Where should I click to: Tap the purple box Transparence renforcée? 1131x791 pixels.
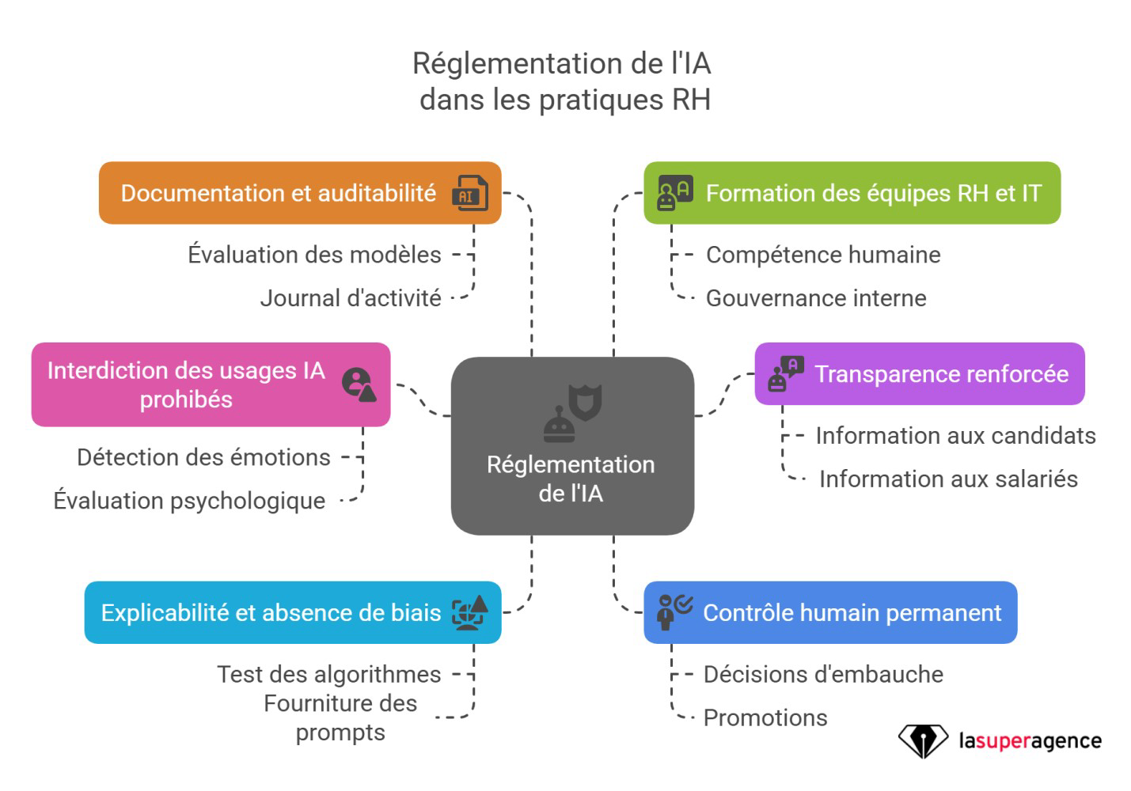(940, 373)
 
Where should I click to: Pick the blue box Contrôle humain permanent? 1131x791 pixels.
(851, 612)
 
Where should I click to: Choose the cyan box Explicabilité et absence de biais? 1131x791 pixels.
(271, 612)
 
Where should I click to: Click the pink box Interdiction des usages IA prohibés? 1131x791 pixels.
(185, 384)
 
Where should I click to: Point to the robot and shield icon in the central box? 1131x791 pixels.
(572, 412)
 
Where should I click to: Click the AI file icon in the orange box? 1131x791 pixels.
(469, 194)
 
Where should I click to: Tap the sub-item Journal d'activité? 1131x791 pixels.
(351, 298)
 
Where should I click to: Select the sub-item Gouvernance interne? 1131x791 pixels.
(816, 298)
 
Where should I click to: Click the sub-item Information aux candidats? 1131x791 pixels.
(955, 436)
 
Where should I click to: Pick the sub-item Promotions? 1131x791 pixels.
(765, 717)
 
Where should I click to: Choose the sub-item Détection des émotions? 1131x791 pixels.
(203, 457)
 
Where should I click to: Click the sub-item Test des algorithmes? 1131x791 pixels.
(328, 674)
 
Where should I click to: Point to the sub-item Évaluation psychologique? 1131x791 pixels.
(189, 501)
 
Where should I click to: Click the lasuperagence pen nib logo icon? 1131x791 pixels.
(922, 741)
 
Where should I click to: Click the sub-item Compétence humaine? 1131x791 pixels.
(823, 255)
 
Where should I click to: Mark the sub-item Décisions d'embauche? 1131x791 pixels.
(823, 674)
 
